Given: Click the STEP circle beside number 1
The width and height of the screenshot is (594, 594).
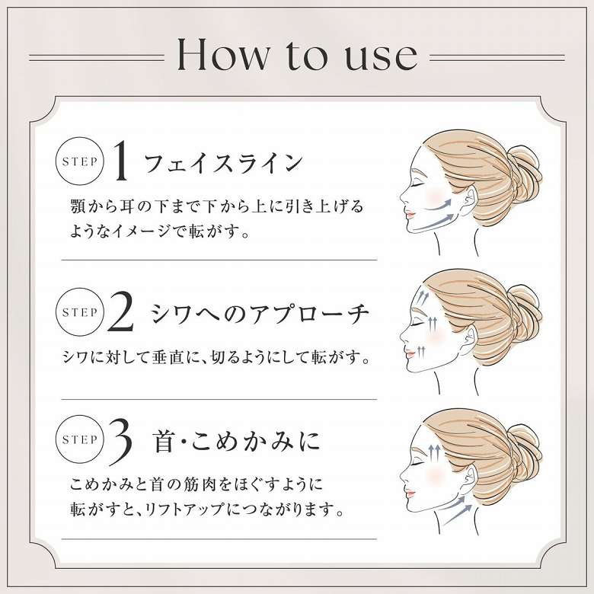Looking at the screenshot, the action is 79,161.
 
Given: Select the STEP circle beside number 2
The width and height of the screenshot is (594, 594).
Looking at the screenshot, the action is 79,312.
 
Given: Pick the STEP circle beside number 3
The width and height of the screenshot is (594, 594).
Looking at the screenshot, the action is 79,439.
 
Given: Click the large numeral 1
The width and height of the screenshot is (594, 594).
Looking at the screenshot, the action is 121,160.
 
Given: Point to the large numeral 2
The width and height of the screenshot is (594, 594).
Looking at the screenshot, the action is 120,311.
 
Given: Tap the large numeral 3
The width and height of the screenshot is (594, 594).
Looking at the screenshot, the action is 120,441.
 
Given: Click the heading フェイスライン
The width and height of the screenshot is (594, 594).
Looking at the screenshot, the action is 223,162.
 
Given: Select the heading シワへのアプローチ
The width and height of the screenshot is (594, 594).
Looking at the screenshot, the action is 260,314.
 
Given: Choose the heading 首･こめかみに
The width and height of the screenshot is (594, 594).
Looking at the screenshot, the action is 237,442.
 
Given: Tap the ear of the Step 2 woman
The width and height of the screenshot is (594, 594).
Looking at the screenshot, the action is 471,338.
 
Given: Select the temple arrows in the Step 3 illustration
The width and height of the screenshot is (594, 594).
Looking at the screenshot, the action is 434,453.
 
